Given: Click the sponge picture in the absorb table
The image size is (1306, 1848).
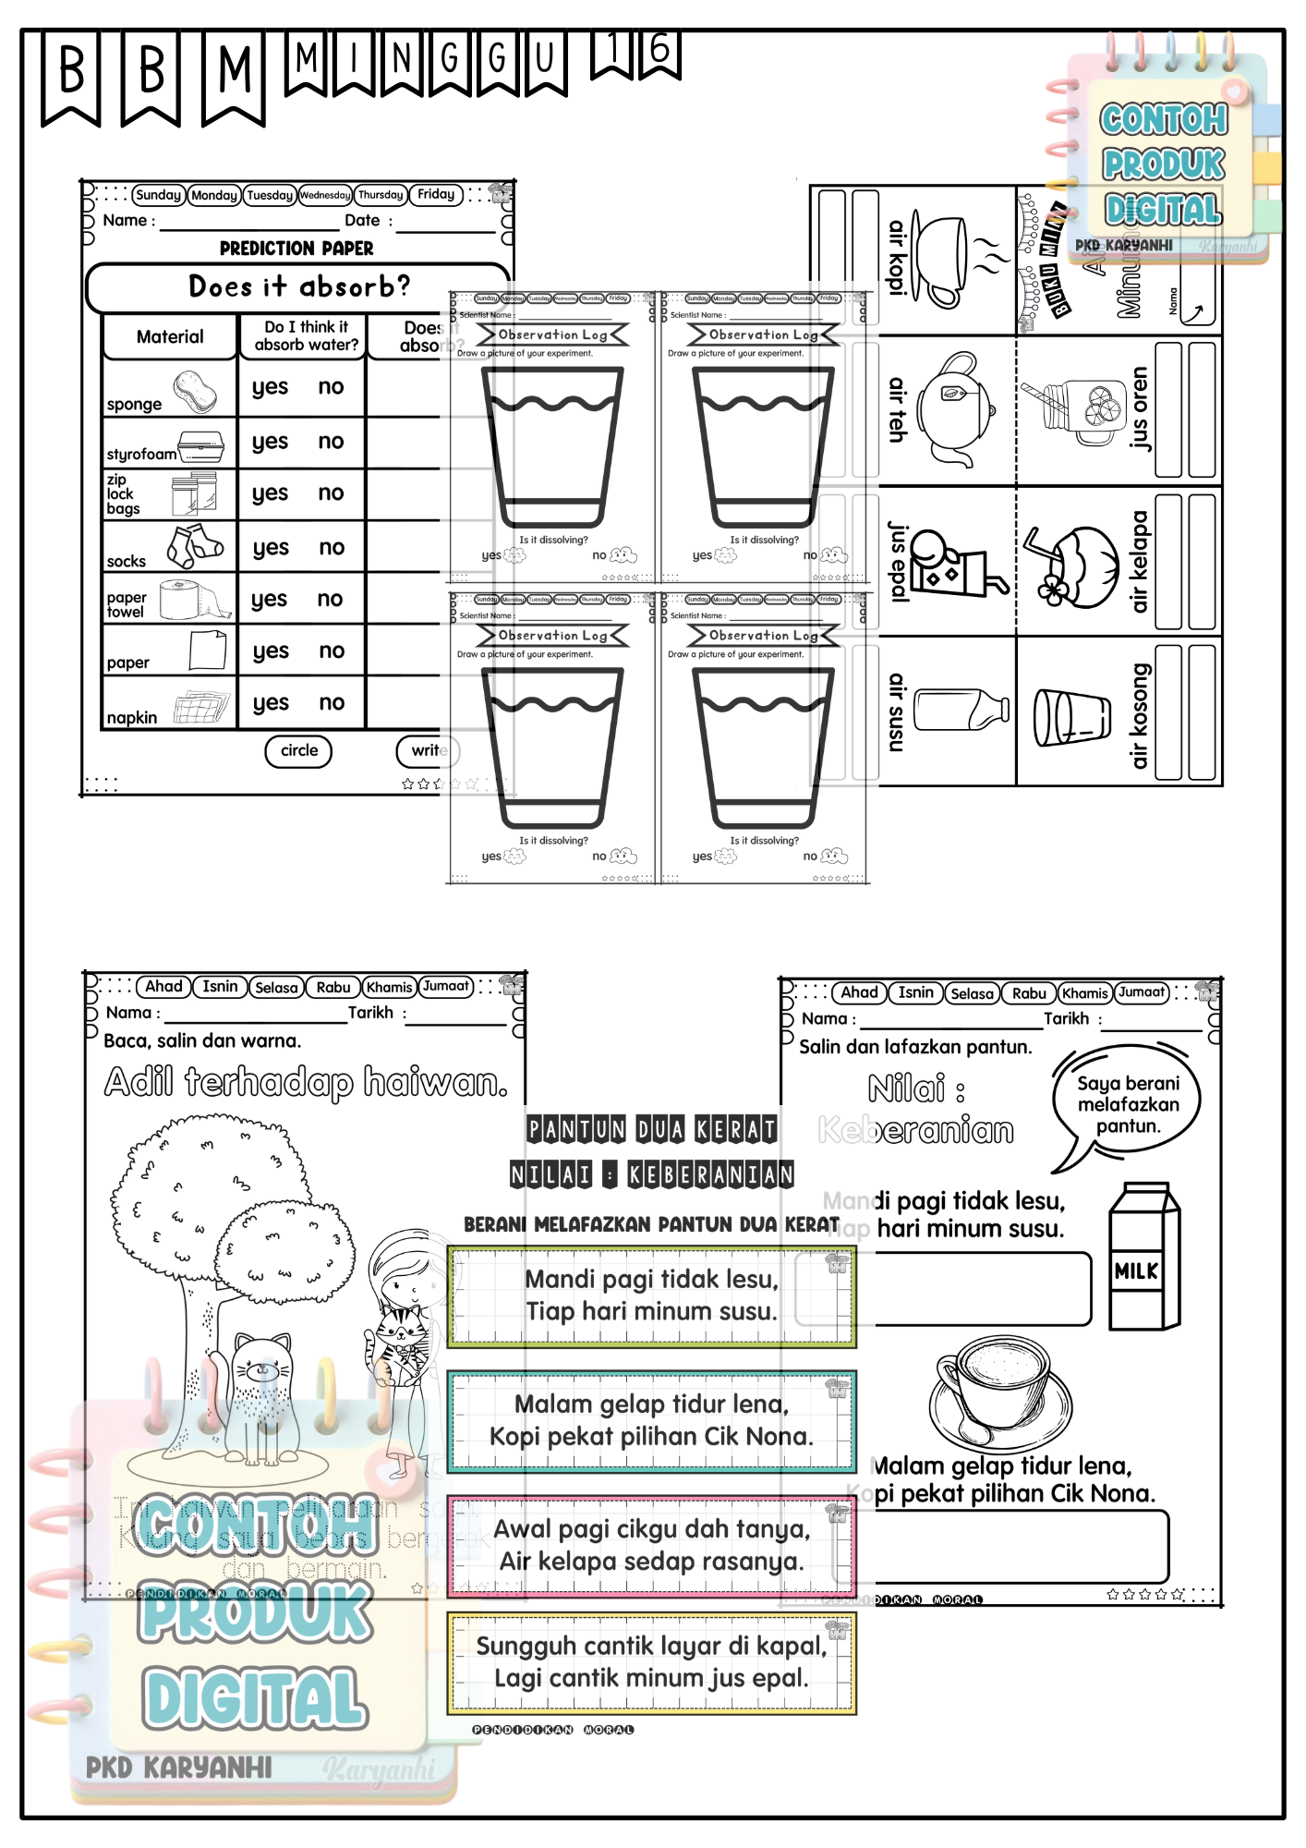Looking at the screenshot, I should (195, 391).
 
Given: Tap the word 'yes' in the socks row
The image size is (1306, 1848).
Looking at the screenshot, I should (270, 548).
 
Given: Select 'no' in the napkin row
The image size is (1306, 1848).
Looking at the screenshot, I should (332, 703).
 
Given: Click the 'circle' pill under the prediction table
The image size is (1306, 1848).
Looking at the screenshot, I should (298, 750).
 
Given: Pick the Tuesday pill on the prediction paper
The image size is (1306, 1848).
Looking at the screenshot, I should (269, 195).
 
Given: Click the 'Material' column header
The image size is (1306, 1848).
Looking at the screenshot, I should (170, 337).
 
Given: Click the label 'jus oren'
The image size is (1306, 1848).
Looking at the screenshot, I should (1140, 408).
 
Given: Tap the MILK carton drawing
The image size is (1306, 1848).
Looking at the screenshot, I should (1144, 1257).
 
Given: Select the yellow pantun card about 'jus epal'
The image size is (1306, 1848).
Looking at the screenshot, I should (651, 1662).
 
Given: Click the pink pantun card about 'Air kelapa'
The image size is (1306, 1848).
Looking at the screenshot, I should (651, 1546).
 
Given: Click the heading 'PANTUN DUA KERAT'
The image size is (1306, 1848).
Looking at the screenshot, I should (651, 1129).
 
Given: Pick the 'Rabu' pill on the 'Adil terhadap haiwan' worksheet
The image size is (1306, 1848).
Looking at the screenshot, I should (333, 987).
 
